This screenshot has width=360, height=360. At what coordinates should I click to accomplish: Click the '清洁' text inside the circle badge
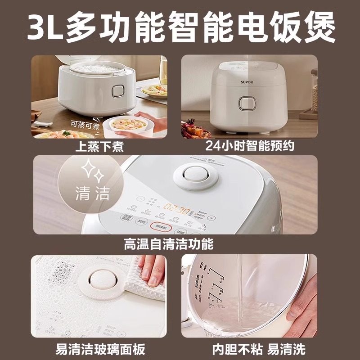click(x=92, y=194)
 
